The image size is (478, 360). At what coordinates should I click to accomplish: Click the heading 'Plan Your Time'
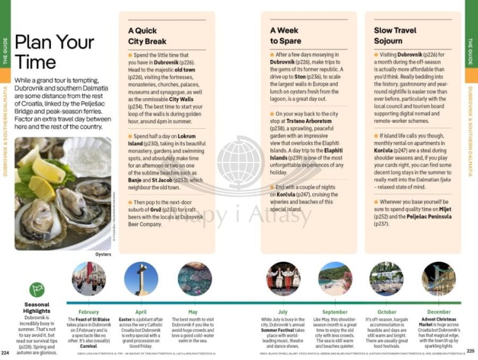54,52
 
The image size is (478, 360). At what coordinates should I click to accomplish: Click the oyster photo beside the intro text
62,194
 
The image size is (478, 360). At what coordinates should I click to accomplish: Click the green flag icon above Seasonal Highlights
37,291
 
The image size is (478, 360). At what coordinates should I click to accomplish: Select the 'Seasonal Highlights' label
37,308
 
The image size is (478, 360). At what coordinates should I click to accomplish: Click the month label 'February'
89,312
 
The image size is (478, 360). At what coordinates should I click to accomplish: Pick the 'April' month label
141,312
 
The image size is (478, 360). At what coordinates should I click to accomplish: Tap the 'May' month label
193,312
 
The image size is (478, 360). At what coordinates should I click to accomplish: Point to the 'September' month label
335,312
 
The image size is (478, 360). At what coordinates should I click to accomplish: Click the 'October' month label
386,312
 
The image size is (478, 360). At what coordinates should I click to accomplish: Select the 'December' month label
438,312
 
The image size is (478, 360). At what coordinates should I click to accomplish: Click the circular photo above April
141,279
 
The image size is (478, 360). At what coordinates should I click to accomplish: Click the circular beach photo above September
335,279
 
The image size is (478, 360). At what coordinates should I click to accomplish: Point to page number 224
6,352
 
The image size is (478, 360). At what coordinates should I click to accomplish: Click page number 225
471,350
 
